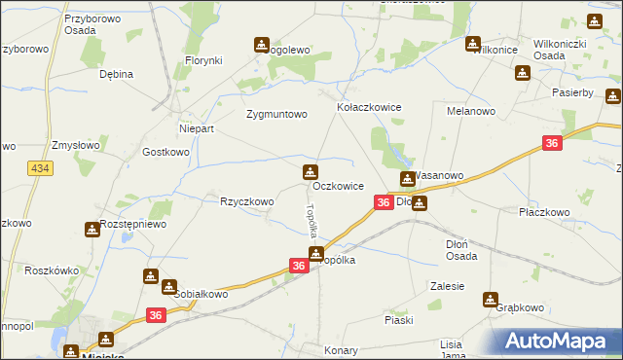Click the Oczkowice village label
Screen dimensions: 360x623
click(339, 185)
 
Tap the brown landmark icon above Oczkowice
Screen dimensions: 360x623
click(310, 173)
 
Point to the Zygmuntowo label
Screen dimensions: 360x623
click(276, 114)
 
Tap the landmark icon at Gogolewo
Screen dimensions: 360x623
click(261, 44)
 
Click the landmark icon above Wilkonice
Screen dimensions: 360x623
click(473, 44)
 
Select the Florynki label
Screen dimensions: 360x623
click(204, 60)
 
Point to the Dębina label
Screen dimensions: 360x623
click(116, 73)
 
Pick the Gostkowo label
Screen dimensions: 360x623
click(165, 152)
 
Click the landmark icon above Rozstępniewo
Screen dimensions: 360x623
click(107, 227)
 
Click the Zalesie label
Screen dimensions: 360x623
click(447, 286)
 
